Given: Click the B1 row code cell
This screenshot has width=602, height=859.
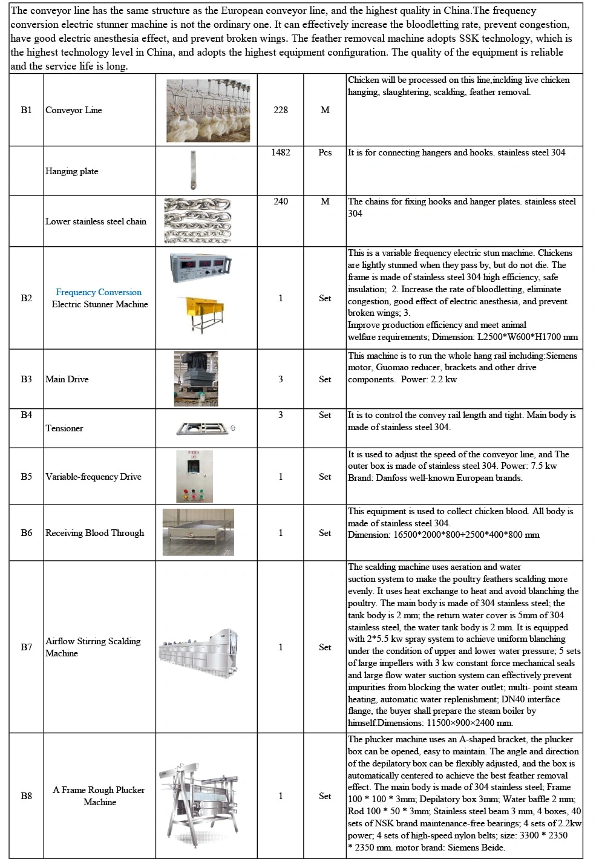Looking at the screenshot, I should (x=26, y=110).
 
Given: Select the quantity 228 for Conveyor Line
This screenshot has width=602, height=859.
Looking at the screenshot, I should (x=281, y=110).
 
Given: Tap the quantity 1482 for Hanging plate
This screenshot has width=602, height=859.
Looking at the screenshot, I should (x=281, y=152).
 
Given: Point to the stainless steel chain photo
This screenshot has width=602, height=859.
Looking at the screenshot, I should (x=197, y=221).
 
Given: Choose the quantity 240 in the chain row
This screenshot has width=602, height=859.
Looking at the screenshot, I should (x=281, y=201).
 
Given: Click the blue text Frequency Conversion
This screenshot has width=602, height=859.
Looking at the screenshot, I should (x=99, y=292).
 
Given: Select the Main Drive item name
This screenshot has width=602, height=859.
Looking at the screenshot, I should (x=67, y=379).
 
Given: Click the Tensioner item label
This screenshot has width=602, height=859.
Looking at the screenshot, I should (x=64, y=428).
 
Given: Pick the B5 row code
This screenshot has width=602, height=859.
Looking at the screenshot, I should (x=26, y=477).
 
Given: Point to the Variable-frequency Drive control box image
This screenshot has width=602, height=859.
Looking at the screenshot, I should (x=195, y=477).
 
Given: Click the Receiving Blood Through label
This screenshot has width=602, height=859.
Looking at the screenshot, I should (x=95, y=533).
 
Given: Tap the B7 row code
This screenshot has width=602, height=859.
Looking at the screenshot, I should (x=26, y=647).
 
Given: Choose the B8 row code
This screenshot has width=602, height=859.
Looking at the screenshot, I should (x=26, y=796).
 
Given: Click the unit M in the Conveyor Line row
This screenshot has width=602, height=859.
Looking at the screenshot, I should (x=325, y=110).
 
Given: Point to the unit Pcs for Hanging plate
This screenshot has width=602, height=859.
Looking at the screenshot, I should (x=325, y=152).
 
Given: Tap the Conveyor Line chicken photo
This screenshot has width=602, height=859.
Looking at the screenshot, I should (x=208, y=109).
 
